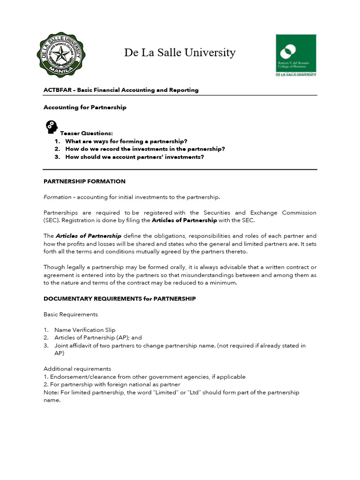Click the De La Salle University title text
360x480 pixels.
point(180,52)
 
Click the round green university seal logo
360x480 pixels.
point(61,55)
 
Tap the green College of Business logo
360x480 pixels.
point(296,55)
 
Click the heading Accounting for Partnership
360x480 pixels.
point(85,107)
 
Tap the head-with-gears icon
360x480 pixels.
point(51,127)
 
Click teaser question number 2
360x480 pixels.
point(145,149)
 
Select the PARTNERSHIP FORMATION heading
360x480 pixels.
point(84,181)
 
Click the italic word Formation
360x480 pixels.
point(57,197)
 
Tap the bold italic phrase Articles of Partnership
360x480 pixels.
point(89,236)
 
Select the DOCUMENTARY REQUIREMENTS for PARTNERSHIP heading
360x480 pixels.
point(120,299)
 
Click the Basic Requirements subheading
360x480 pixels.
point(71,314)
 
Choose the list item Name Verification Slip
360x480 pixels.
point(84,330)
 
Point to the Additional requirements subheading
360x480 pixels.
point(77,369)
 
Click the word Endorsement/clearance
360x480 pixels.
point(84,377)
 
